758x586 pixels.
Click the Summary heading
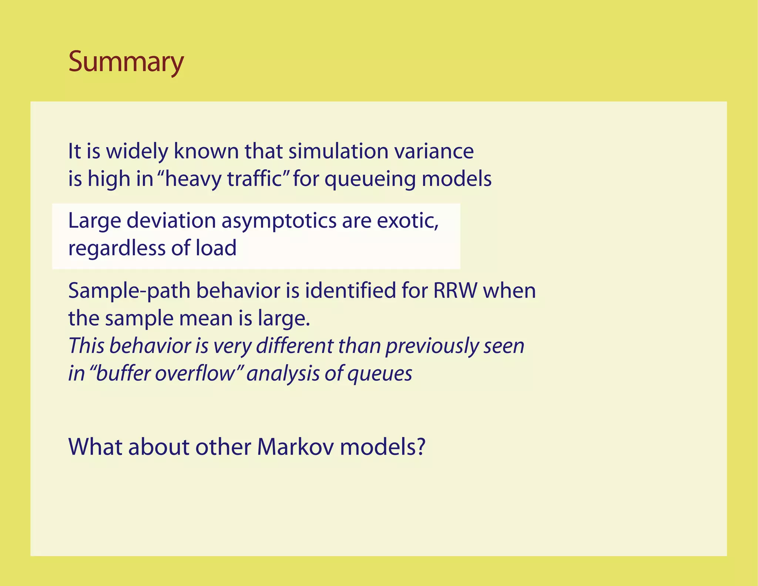(x=126, y=61)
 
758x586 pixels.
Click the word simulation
(x=338, y=152)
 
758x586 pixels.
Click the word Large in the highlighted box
(x=94, y=221)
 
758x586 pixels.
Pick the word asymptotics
(x=279, y=222)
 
